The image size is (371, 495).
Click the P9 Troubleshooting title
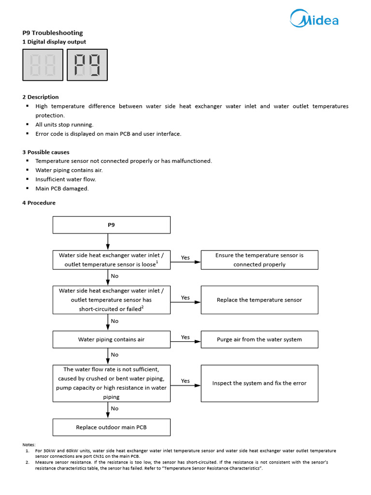[x=53, y=33]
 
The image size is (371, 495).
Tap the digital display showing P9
[x=87, y=65]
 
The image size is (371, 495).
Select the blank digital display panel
[x=43, y=65]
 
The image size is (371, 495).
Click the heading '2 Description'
[x=41, y=97]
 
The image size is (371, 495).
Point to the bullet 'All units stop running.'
[x=64, y=125]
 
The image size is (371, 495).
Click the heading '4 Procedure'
[x=39, y=203]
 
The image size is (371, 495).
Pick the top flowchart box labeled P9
[x=111, y=225]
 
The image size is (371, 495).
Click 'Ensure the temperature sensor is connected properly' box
[x=259, y=260]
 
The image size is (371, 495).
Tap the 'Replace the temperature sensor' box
[x=259, y=300]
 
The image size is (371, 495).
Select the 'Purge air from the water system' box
[x=259, y=339]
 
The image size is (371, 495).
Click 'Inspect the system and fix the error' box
[x=259, y=383]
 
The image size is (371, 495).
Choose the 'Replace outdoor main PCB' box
[x=111, y=427]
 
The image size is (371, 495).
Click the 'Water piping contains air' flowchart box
[x=111, y=339]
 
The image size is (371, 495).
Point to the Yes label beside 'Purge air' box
[x=185, y=337]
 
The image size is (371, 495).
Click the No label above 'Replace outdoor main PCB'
[x=114, y=408]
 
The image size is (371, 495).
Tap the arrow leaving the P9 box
[x=108, y=241]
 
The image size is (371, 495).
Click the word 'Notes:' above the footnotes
[x=29, y=444]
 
